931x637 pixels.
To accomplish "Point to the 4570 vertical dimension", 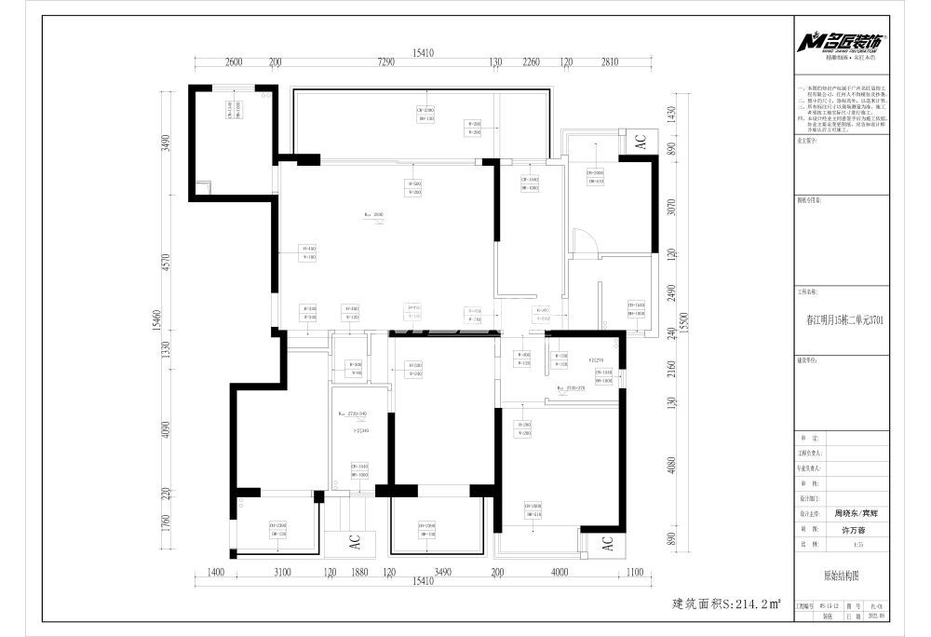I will pos(167,264).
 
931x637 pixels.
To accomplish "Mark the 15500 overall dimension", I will pos(683,321).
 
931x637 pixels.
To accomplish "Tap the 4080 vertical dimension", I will pos(671,467).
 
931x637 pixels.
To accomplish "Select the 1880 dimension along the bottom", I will pos(358,573).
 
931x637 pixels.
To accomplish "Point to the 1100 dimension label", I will pos(636,573).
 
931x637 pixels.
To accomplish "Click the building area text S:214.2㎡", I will pos(726,604).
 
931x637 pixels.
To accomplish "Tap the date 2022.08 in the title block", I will pos(874,616).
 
